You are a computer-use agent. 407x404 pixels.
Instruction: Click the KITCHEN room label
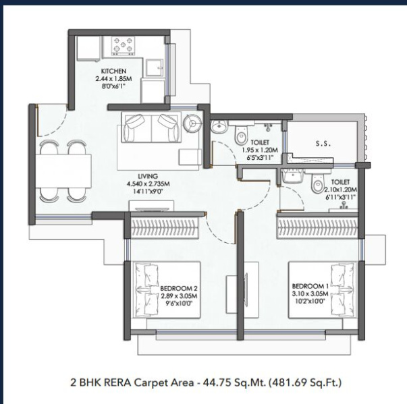pyautogui.click(x=113, y=71)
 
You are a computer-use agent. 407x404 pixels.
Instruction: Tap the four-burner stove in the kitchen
pyautogui.click(x=123, y=46)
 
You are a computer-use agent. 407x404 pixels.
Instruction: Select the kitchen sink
pyautogui.click(x=154, y=68)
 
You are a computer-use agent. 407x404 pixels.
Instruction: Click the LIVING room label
pyautogui.click(x=148, y=176)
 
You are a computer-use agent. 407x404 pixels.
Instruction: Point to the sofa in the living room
pyautogui.click(x=152, y=127)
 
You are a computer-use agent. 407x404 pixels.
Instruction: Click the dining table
pyautogui.click(x=63, y=171)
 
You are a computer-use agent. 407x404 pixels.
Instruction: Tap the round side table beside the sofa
pyautogui.click(x=192, y=123)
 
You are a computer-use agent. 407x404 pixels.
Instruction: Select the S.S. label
pyautogui.click(x=323, y=144)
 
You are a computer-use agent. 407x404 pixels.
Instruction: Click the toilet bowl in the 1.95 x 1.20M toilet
pyautogui.click(x=240, y=134)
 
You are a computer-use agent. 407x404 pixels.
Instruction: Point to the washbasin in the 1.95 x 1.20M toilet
pyautogui.click(x=219, y=126)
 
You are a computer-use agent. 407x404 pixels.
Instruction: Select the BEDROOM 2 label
pyautogui.click(x=179, y=288)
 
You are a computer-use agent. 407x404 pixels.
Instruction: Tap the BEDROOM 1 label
pyautogui.click(x=310, y=286)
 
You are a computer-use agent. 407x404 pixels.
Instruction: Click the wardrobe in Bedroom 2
pyautogui.click(x=165, y=227)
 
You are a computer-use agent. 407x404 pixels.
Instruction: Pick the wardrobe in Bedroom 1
pyautogui.click(x=318, y=227)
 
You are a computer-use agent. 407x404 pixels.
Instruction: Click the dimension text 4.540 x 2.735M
pyautogui.click(x=148, y=184)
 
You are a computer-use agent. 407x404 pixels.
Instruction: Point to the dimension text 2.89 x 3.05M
pyautogui.click(x=179, y=295)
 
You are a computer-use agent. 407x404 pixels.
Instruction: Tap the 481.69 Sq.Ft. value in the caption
pyautogui.click(x=305, y=382)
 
